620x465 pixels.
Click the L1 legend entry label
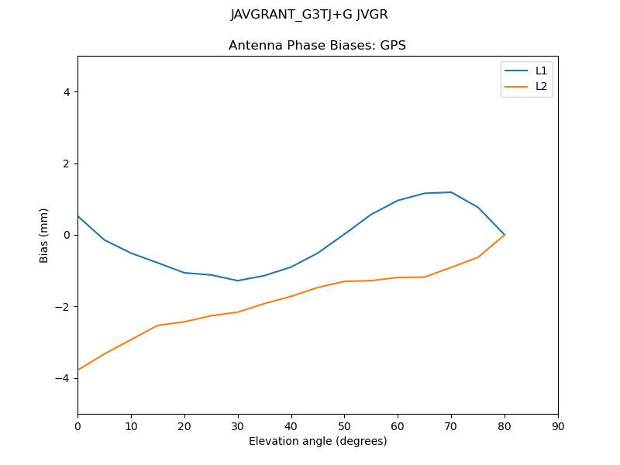pos(541,71)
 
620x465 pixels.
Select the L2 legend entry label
pos(541,86)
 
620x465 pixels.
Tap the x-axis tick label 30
pos(238,426)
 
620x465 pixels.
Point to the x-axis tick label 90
pos(558,426)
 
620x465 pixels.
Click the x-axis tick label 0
pos(77,426)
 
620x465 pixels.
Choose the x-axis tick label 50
pos(344,426)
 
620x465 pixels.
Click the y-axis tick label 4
pos(67,92)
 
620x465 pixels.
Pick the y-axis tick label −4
pos(64,378)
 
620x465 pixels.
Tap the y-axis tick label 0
pos(67,235)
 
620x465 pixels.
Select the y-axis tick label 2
pos(67,164)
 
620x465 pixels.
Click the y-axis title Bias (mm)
pos(44,235)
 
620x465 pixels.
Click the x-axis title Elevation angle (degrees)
pos(318,442)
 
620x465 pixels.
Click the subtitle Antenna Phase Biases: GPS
pos(317,46)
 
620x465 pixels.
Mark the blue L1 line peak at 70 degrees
pos(451,192)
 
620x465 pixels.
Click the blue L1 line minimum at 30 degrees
pos(238,281)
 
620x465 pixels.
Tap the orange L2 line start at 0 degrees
pos(78,370)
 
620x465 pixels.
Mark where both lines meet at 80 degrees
pos(505,235)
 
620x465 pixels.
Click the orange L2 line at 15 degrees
pos(157,325)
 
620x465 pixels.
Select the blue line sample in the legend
pos(516,71)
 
